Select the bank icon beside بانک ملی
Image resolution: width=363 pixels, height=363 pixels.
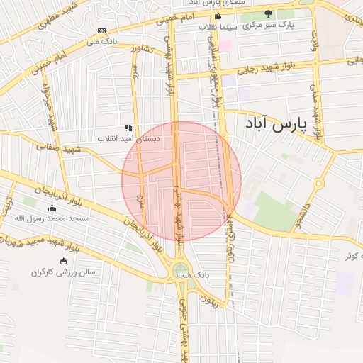[x=101, y=30]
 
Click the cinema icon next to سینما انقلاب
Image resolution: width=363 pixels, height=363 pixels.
[x=217, y=16]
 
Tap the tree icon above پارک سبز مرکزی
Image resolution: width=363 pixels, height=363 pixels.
[x=268, y=13]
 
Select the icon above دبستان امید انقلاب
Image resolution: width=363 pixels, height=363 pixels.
[x=128, y=128]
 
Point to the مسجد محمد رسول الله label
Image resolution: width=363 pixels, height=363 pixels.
[x=52, y=218]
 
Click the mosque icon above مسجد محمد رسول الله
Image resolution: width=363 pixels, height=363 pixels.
[x=51, y=208]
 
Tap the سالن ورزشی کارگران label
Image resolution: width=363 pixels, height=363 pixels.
[x=63, y=272]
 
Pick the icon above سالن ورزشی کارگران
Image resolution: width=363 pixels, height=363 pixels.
[x=63, y=261]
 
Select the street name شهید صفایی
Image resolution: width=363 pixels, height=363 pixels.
[x=79, y=150]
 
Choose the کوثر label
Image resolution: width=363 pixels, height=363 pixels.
[x=352, y=255]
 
